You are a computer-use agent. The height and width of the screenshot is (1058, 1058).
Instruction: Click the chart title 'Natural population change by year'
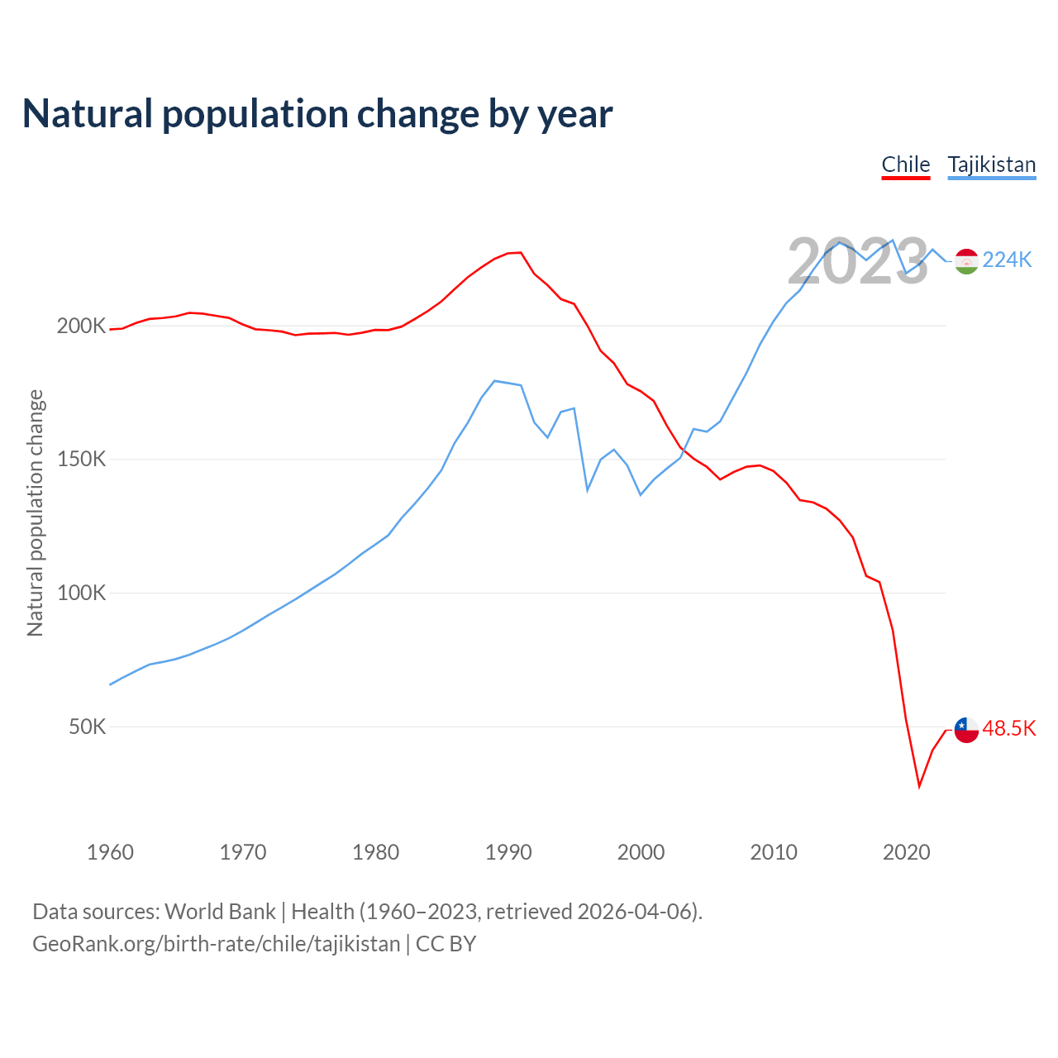click(317, 114)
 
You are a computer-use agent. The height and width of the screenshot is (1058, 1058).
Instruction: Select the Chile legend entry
click(906, 164)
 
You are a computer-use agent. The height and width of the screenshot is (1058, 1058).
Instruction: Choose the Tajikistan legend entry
click(992, 164)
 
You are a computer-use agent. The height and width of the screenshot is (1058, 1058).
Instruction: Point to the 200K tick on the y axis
click(81, 326)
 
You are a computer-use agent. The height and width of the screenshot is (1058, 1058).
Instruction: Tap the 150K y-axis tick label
click(81, 459)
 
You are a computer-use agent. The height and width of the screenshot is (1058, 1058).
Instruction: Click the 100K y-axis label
click(81, 593)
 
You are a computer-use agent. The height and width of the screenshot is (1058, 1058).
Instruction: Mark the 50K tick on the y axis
click(88, 727)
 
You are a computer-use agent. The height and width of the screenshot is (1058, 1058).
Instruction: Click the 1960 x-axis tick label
click(110, 852)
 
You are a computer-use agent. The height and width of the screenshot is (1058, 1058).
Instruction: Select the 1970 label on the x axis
click(243, 852)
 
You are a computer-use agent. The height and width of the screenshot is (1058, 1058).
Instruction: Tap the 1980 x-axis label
click(376, 852)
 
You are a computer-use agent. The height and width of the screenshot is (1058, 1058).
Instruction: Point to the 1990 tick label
click(508, 852)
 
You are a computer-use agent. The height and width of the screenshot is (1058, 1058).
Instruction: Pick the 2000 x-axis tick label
click(641, 852)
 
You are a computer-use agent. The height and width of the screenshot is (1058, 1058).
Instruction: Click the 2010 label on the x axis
click(774, 852)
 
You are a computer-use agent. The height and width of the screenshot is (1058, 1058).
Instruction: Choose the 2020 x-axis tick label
click(907, 852)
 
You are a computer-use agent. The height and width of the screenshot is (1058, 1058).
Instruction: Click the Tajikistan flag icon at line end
click(966, 261)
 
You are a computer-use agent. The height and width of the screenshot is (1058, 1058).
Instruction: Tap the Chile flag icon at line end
click(966, 730)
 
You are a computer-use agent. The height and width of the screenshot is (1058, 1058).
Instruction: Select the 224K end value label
click(1008, 260)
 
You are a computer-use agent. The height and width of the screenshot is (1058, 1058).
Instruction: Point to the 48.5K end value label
click(1009, 728)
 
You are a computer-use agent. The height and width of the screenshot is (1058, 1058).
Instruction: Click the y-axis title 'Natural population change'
click(36, 512)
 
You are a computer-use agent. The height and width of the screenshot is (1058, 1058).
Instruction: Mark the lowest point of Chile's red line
click(919, 786)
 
